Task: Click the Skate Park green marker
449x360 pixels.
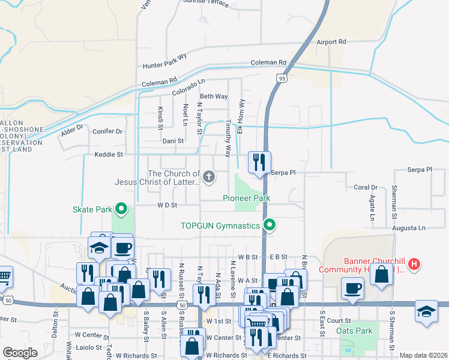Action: (x=121, y=209)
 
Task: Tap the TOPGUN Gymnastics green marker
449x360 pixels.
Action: (x=270, y=226)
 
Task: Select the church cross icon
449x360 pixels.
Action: (x=208, y=176)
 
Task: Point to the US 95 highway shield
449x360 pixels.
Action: (x=282, y=77)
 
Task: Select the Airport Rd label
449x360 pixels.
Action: (x=331, y=42)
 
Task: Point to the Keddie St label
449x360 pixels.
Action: (x=108, y=155)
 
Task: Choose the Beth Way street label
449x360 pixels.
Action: (x=214, y=96)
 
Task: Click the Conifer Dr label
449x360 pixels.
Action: (x=107, y=131)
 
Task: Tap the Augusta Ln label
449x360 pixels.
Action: (x=408, y=228)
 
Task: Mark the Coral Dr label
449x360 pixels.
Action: (x=365, y=188)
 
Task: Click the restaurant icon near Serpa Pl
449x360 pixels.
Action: (x=259, y=162)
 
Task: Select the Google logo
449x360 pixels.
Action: (x=20, y=353)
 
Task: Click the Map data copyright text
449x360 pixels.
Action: (x=423, y=355)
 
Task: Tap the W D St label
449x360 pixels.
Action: (x=167, y=205)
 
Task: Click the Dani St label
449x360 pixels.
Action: (x=172, y=141)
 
